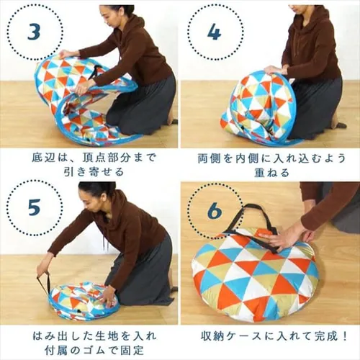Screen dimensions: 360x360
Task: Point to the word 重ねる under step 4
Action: coord(269,172)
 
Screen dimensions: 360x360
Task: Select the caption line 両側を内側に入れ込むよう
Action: coord(269,156)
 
